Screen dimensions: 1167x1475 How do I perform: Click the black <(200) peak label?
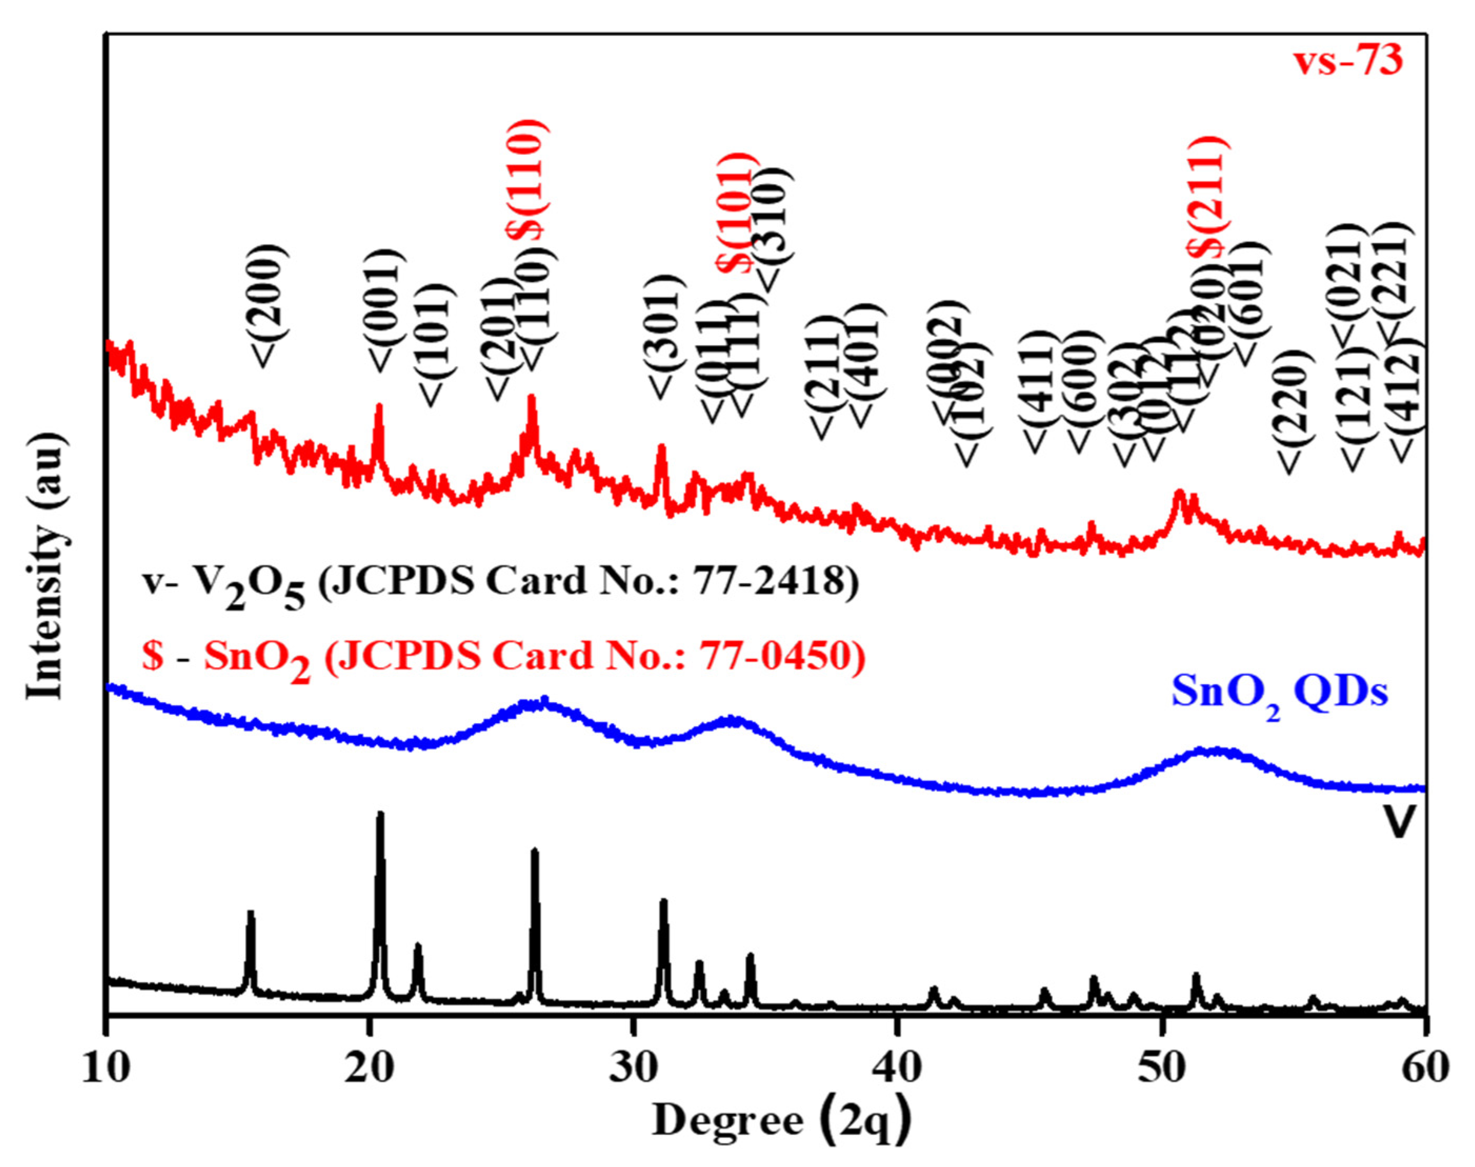point(268,304)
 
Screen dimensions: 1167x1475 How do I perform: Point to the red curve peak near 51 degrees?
point(1178,493)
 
